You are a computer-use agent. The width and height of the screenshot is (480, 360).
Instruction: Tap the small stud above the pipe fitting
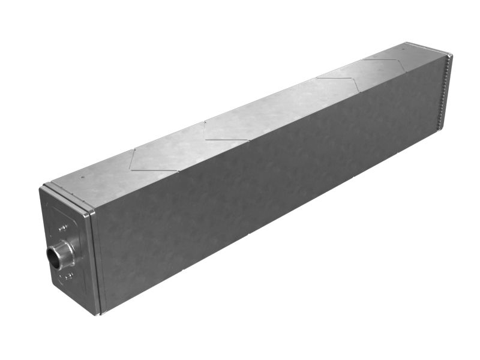62,227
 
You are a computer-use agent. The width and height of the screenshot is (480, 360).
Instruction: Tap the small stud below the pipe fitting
68,275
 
